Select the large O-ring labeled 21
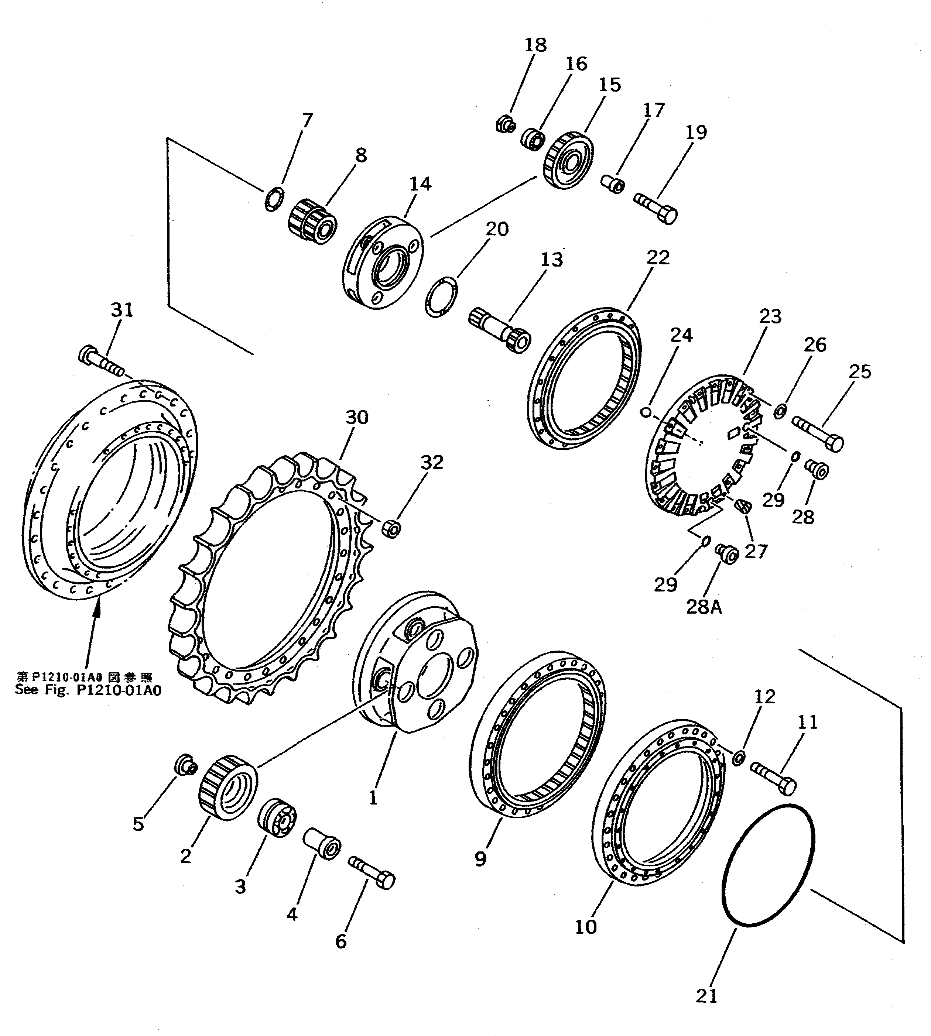coord(767,865)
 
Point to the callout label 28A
coord(704,607)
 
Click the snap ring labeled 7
coord(274,198)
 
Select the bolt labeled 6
coord(372,872)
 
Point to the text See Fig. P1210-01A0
coord(88,690)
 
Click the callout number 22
coord(658,257)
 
